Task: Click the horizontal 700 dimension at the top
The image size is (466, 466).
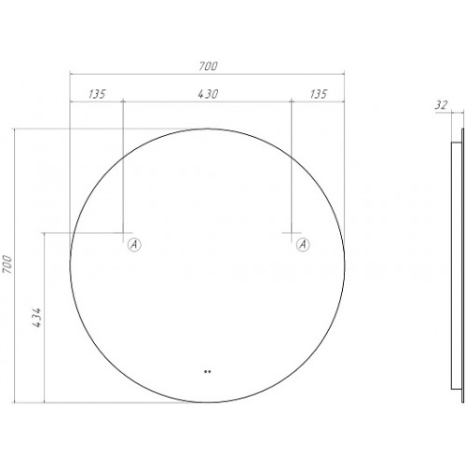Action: click(x=209, y=66)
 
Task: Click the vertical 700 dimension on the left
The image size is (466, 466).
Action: click(x=7, y=265)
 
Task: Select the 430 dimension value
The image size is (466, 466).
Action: click(x=208, y=94)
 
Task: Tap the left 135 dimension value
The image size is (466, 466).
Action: click(x=97, y=94)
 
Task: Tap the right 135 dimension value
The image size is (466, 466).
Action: click(x=319, y=94)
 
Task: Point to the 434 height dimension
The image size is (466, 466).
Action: click(x=37, y=318)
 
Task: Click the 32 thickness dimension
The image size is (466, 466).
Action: click(x=441, y=105)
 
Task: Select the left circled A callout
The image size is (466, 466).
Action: click(x=134, y=244)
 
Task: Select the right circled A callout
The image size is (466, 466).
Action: click(x=303, y=244)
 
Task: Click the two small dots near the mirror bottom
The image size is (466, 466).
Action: click(x=208, y=371)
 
